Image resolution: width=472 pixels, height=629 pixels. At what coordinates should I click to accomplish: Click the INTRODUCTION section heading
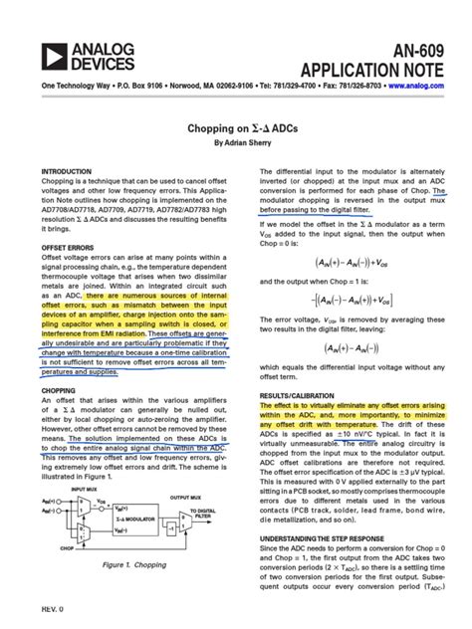[67, 172]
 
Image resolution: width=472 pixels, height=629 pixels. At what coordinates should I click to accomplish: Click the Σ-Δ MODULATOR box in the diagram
[142, 519]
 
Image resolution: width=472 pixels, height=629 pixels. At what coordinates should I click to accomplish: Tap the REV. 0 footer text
[52, 607]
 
